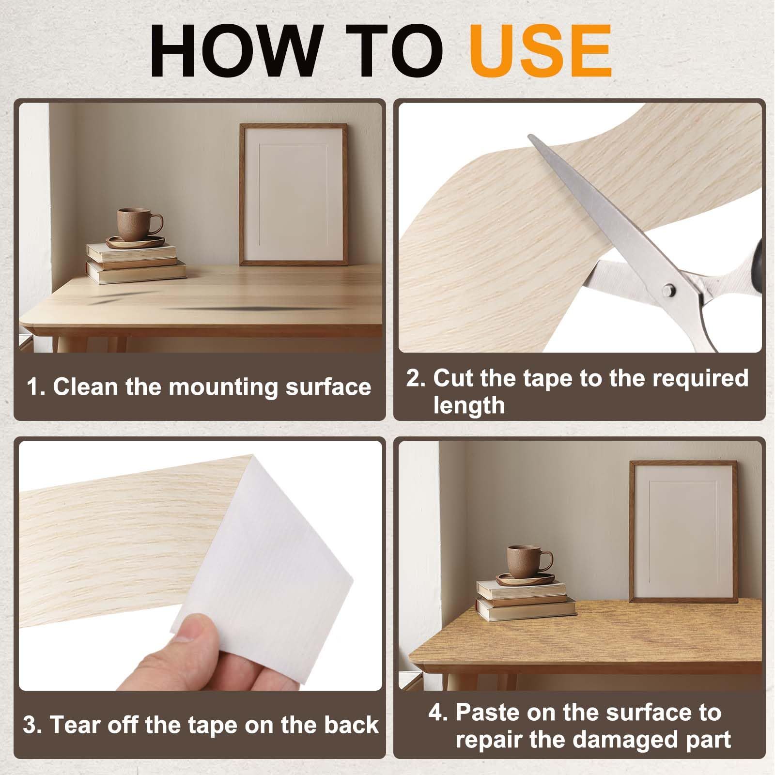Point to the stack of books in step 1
click(x=136, y=263)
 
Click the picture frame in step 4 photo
click(x=683, y=532)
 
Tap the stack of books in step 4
click(x=526, y=600)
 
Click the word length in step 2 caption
click(x=469, y=405)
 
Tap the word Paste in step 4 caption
click(x=488, y=712)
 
